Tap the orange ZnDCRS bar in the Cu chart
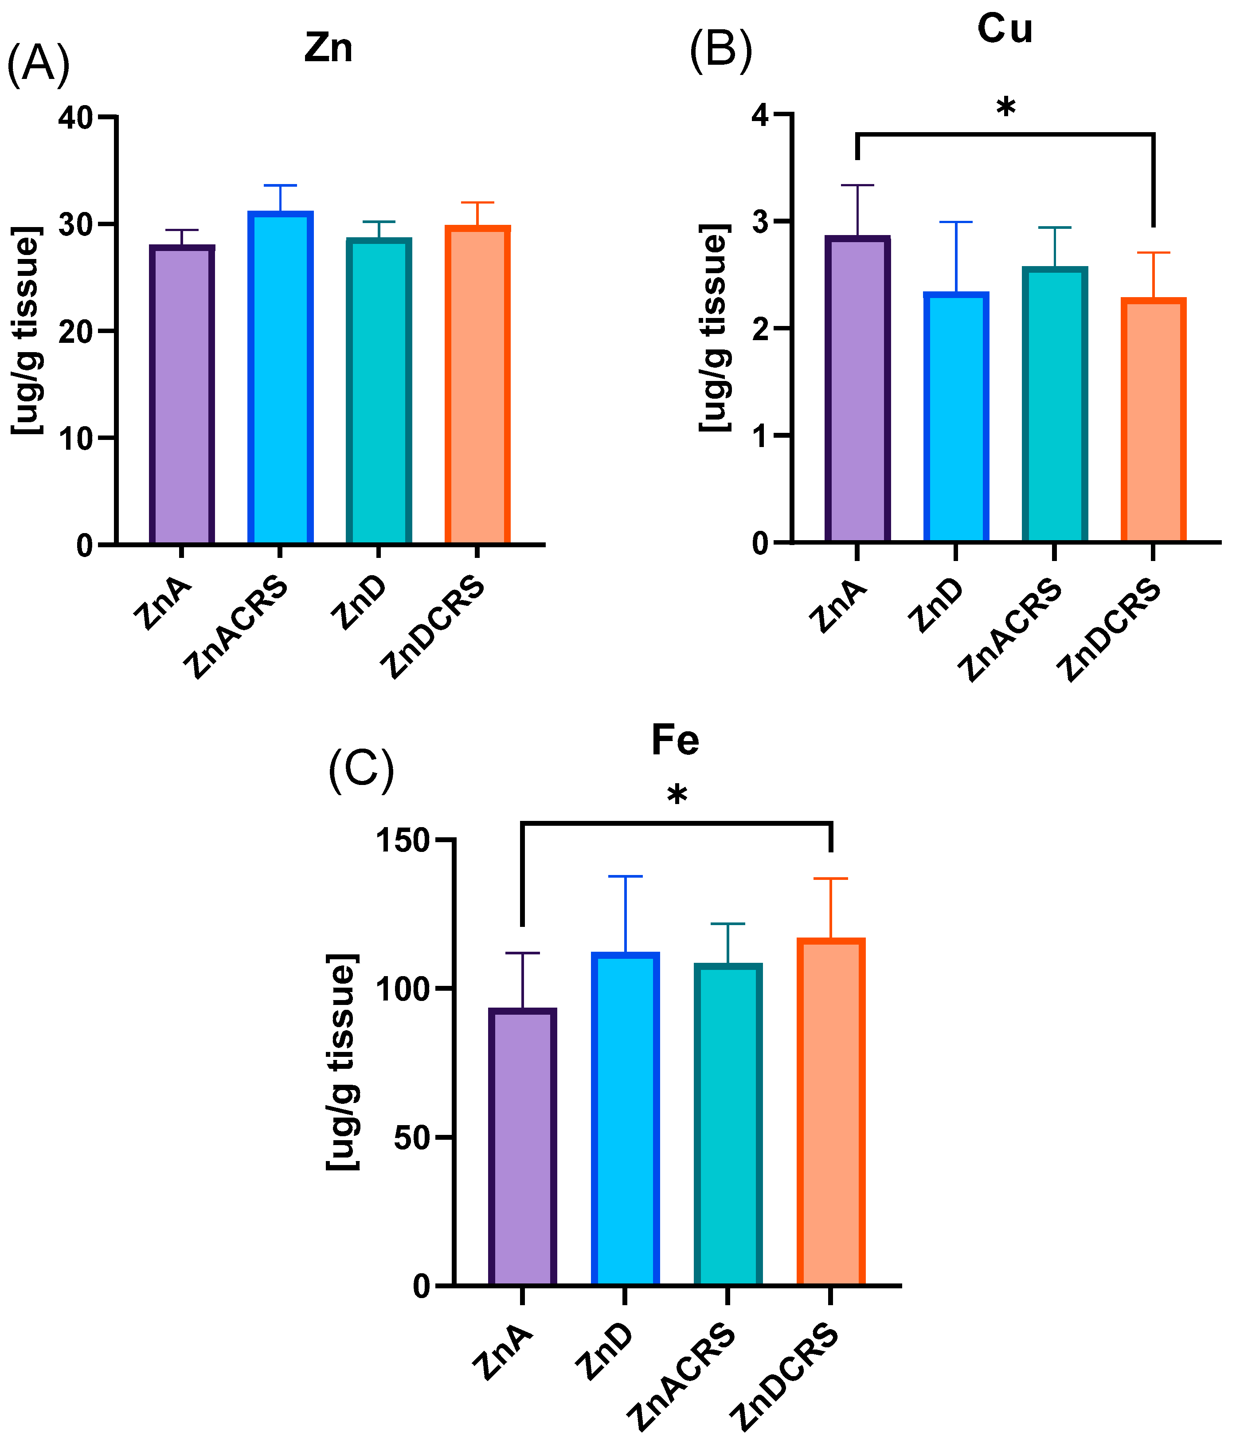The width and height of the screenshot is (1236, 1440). point(1154,420)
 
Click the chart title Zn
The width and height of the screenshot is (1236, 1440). point(328,49)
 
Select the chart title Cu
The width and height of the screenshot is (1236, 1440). point(1005,29)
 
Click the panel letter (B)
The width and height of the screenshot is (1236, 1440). point(720,52)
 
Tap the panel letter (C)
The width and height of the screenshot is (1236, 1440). point(361,770)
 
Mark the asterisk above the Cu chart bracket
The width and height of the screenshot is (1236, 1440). point(1005,108)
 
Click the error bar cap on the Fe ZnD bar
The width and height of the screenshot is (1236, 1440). point(625,876)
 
